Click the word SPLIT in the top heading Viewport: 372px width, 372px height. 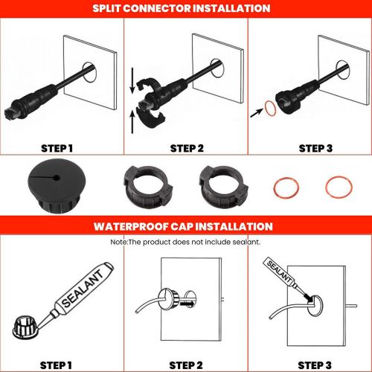pyautogui.click(x=106, y=8)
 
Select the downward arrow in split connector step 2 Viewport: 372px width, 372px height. pyautogui.click(x=132, y=80)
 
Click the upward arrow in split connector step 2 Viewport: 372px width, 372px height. pyautogui.click(x=132, y=122)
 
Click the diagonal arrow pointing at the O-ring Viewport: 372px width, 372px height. pyautogui.click(x=257, y=113)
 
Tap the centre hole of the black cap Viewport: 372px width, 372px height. pyautogui.click(x=57, y=178)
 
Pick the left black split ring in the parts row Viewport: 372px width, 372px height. pyautogui.click(x=148, y=186)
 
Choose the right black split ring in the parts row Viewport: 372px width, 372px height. pyautogui.click(x=223, y=186)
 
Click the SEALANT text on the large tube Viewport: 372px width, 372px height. pyautogui.click(x=83, y=289)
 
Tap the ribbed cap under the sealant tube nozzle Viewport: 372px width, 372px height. pyautogui.click(x=25, y=327)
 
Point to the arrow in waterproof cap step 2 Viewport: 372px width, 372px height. pyautogui.click(x=186, y=303)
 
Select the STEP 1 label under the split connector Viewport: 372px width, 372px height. pyautogui.click(x=57, y=148)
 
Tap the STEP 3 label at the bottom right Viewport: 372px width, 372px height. pyautogui.click(x=315, y=365)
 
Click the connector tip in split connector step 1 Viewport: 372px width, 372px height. pyautogui.click(x=13, y=113)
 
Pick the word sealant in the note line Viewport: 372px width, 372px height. pyautogui.click(x=246, y=242)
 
